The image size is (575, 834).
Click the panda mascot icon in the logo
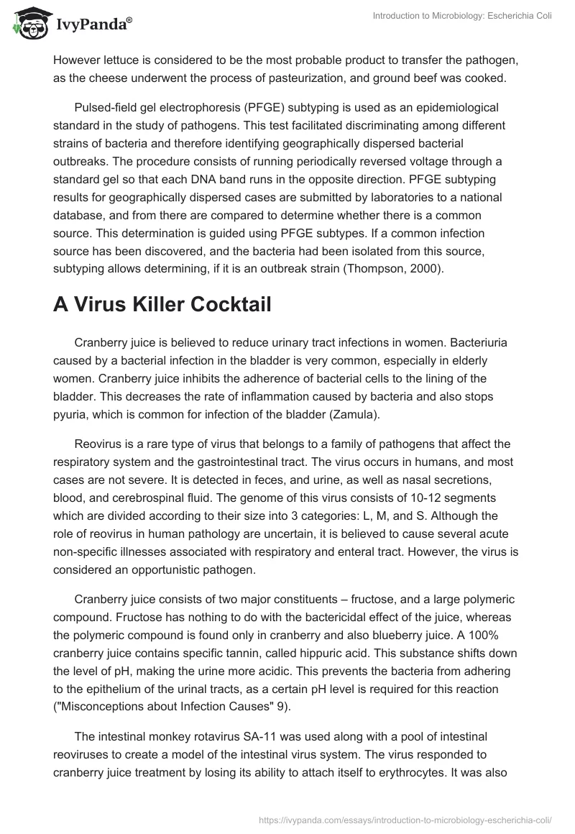31,24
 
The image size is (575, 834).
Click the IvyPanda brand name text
93,26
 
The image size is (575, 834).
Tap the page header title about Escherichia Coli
462,17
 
